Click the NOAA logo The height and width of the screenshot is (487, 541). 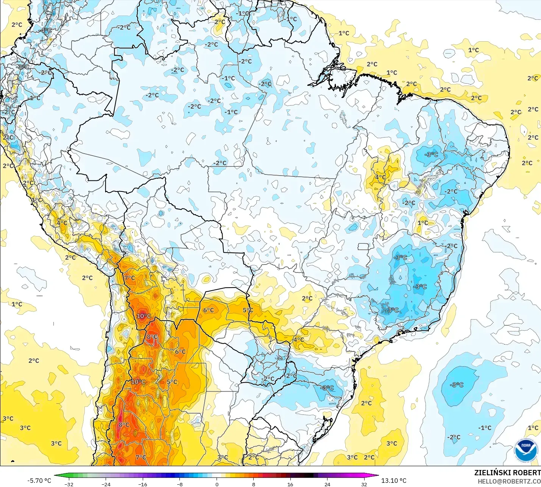pos(526,450)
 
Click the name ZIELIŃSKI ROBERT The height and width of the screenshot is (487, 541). pos(507,473)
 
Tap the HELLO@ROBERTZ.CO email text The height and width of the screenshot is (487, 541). pos(509,481)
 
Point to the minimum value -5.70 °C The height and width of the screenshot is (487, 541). pos(39,481)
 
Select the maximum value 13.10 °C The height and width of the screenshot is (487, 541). pos(394,481)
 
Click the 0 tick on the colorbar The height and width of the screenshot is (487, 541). pos(217,484)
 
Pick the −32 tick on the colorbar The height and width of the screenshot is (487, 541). pos(69,484)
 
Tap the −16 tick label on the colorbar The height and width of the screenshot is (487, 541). pos(142,484)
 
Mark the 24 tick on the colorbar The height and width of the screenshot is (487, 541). pos(327,484)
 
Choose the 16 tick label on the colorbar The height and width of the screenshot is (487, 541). pos(290,484)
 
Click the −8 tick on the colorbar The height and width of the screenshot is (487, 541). pos(180,484)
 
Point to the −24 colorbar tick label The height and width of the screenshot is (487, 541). pos(106,484)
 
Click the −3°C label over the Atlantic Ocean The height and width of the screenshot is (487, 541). pos(457,385)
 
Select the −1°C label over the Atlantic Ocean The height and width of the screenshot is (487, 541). pos(485,428)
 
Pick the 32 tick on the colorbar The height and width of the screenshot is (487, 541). pos(364,484)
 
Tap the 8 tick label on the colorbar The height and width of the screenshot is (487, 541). pos(254,484)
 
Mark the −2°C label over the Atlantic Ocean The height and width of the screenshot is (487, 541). pos(454,437)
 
